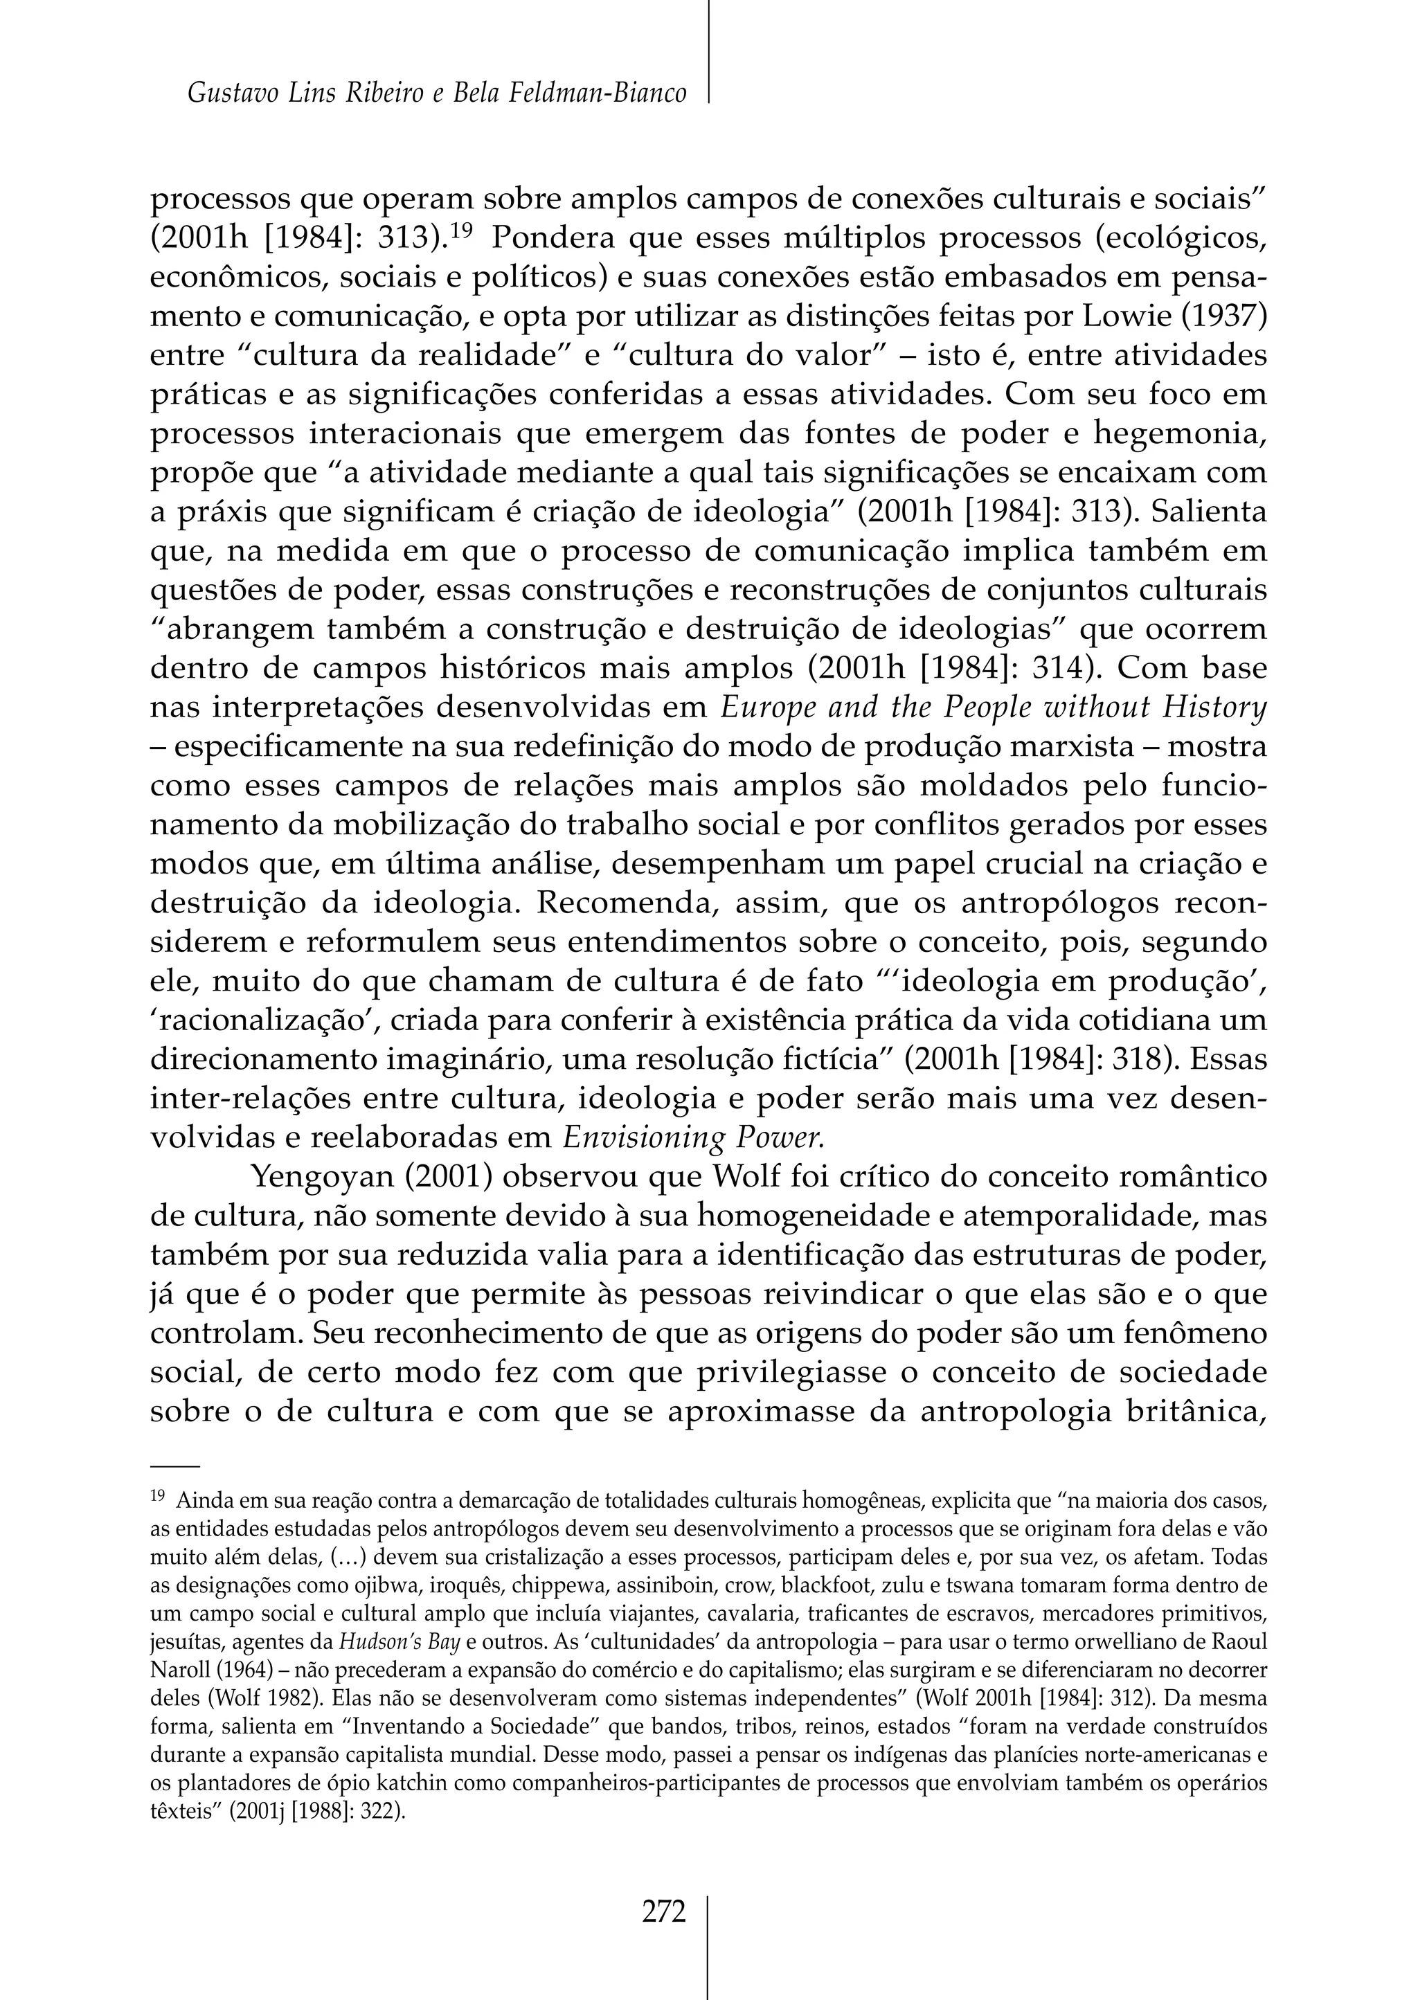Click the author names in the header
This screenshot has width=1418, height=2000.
point(437,93)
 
